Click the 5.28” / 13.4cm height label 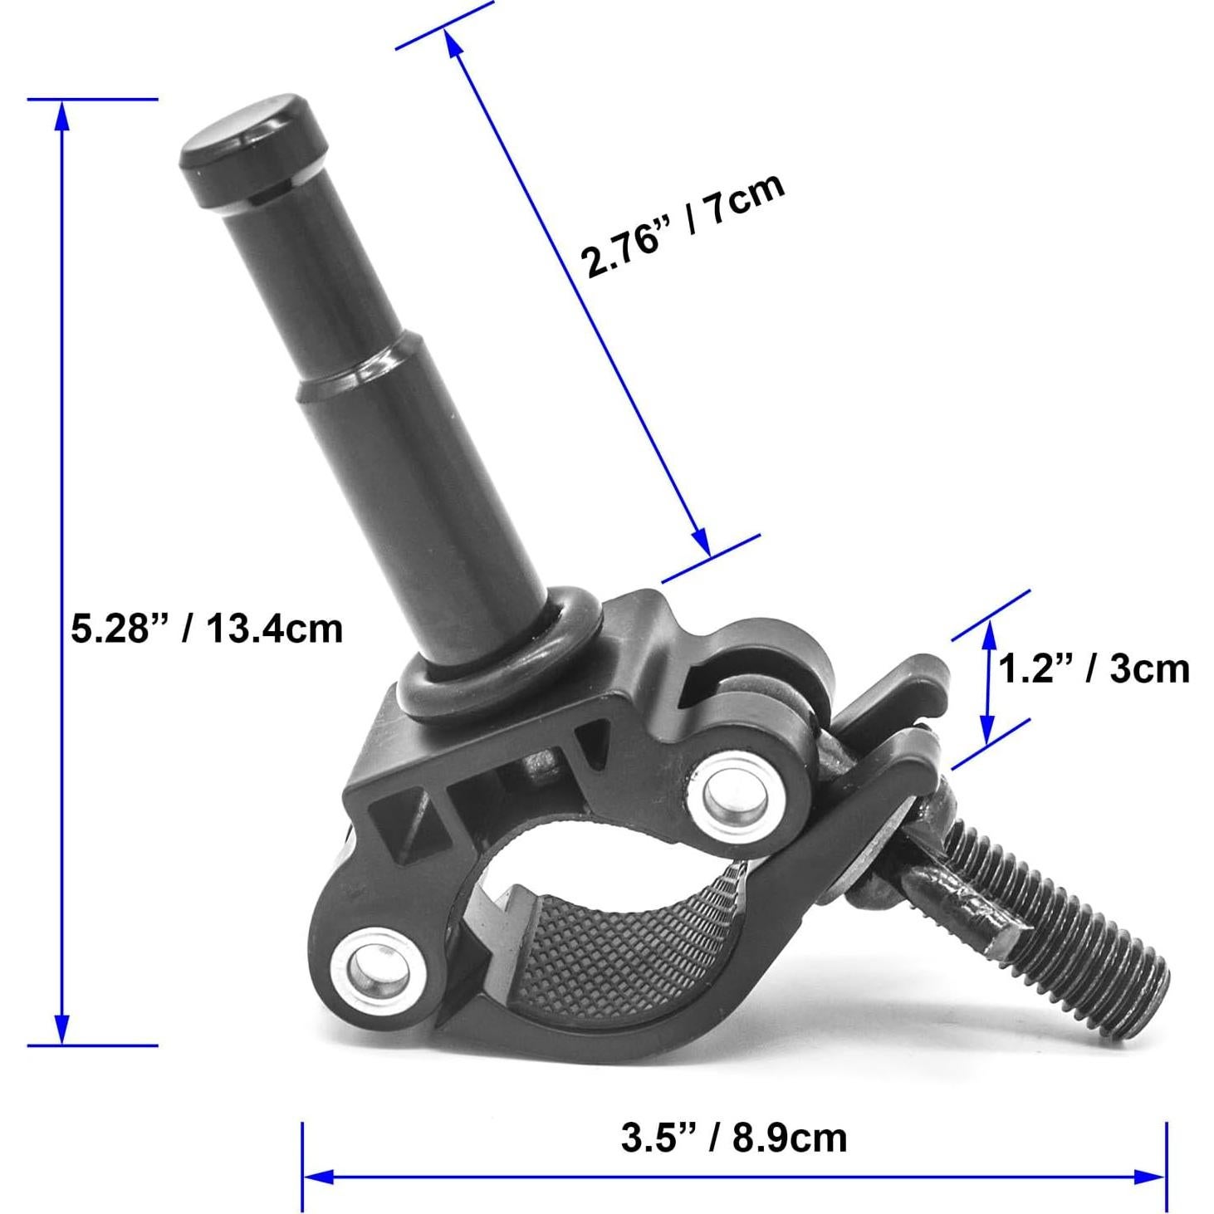pyautogui.click(x=208, y=629)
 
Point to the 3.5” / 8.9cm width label pyautogui.click(x=734, y=1085)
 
